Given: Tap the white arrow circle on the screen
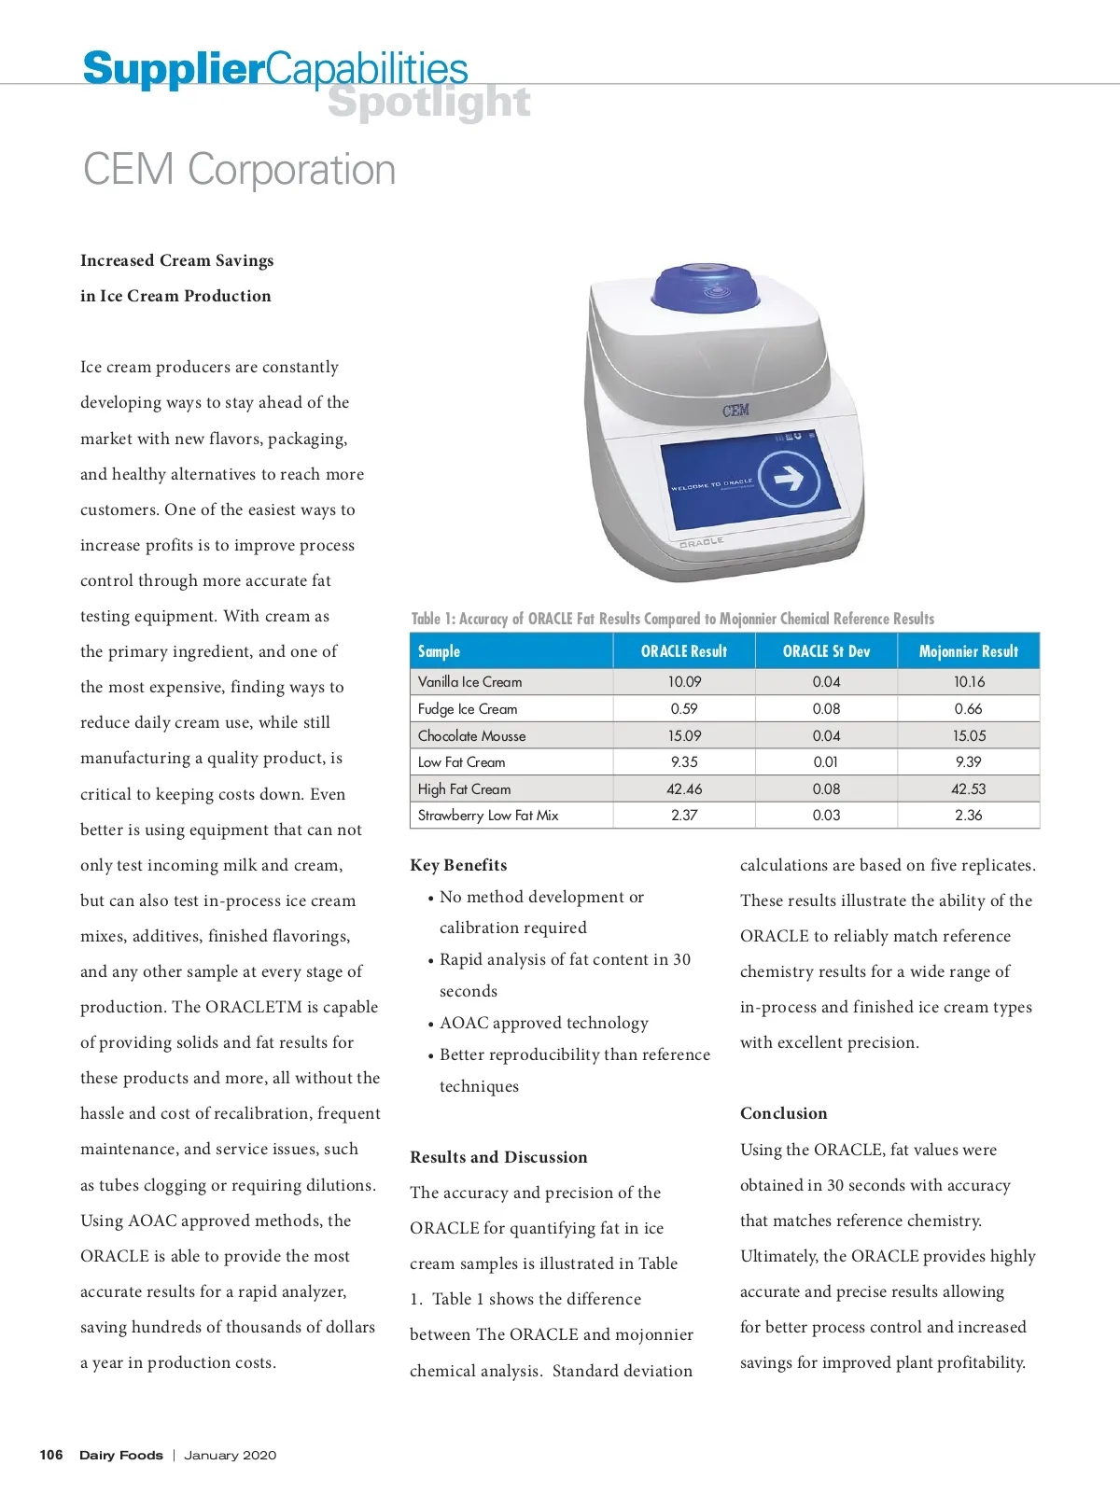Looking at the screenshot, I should coord(789,479).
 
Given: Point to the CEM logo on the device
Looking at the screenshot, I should coord(735,411).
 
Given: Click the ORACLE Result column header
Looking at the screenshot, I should coord(683,651).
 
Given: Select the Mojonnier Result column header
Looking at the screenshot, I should coord(968,651).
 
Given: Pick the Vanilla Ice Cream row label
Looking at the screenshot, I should coord(469,682).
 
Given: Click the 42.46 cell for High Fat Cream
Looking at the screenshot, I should coord(684,789).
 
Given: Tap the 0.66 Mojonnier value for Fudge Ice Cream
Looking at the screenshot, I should coord(968,709).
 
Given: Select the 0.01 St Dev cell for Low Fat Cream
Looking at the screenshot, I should coord(826,762).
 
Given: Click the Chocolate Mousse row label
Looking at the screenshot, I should coord(471,736).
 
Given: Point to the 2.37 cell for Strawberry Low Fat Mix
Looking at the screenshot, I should coord(684,816).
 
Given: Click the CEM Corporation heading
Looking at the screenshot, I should coord(239,171).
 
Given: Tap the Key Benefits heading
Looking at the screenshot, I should coord(458,865).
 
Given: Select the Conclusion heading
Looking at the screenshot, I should coord(783,1113).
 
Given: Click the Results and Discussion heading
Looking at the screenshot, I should coord(498,1157).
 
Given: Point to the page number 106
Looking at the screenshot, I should coord(51,1455).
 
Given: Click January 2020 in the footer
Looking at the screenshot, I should coord(230,1455).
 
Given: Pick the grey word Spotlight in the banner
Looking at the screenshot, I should coord(428,103).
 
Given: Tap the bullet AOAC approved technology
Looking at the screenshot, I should coord(543,1023).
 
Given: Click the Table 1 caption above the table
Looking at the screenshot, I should coord(672,619).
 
